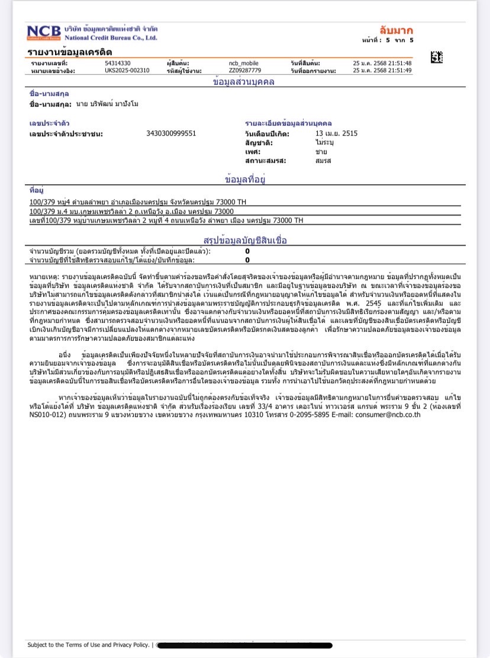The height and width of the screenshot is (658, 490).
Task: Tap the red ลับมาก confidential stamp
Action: point(396,30)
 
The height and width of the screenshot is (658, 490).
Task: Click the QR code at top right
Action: point(436,58)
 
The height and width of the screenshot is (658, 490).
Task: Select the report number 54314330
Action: point(118,63)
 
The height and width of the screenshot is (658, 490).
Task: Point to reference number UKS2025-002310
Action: point(127,70)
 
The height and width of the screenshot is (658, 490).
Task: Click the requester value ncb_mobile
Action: point(243,63)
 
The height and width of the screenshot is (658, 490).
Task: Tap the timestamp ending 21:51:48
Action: point(382,63)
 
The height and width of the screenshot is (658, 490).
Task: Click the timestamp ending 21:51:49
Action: point(382,70)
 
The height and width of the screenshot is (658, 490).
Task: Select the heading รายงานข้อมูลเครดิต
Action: point(70,52)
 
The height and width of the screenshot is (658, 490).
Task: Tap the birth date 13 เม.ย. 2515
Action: point(336,133)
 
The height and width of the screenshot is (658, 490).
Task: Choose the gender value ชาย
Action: point(321,152)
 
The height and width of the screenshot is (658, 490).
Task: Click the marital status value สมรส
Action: point(323,161)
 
